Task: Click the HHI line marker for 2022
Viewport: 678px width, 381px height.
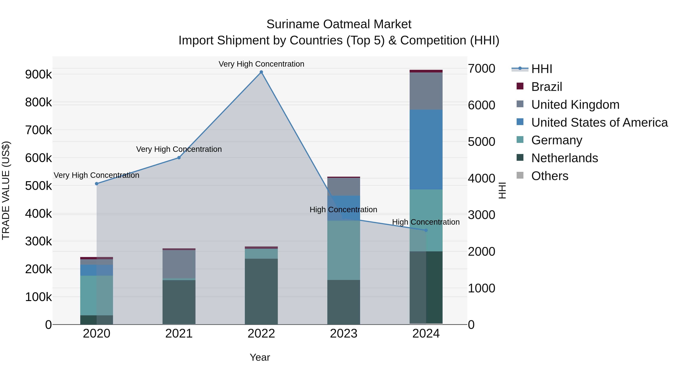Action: click(x=261, y=72)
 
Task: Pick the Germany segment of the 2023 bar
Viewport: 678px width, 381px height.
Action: click(x=344, y=250)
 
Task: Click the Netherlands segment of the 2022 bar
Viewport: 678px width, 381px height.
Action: click(x=261, y=291)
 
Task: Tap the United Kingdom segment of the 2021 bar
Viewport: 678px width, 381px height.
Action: click(x=179, y=264)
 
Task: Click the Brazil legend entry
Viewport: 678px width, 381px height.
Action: click(x=546, y=87)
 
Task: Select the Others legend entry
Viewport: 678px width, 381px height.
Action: click(x=550, y=176)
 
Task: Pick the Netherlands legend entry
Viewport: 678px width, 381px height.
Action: click(x=564, y=158)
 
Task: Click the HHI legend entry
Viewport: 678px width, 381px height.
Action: click(x=541, y=69)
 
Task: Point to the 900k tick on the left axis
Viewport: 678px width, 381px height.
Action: click(x=38, y=74)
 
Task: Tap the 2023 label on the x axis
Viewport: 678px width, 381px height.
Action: click(x=344, y=334)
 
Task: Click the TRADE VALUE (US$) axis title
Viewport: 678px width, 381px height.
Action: click(x=6, y=190)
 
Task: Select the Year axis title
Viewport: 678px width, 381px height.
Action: click(x=260, y=357)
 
